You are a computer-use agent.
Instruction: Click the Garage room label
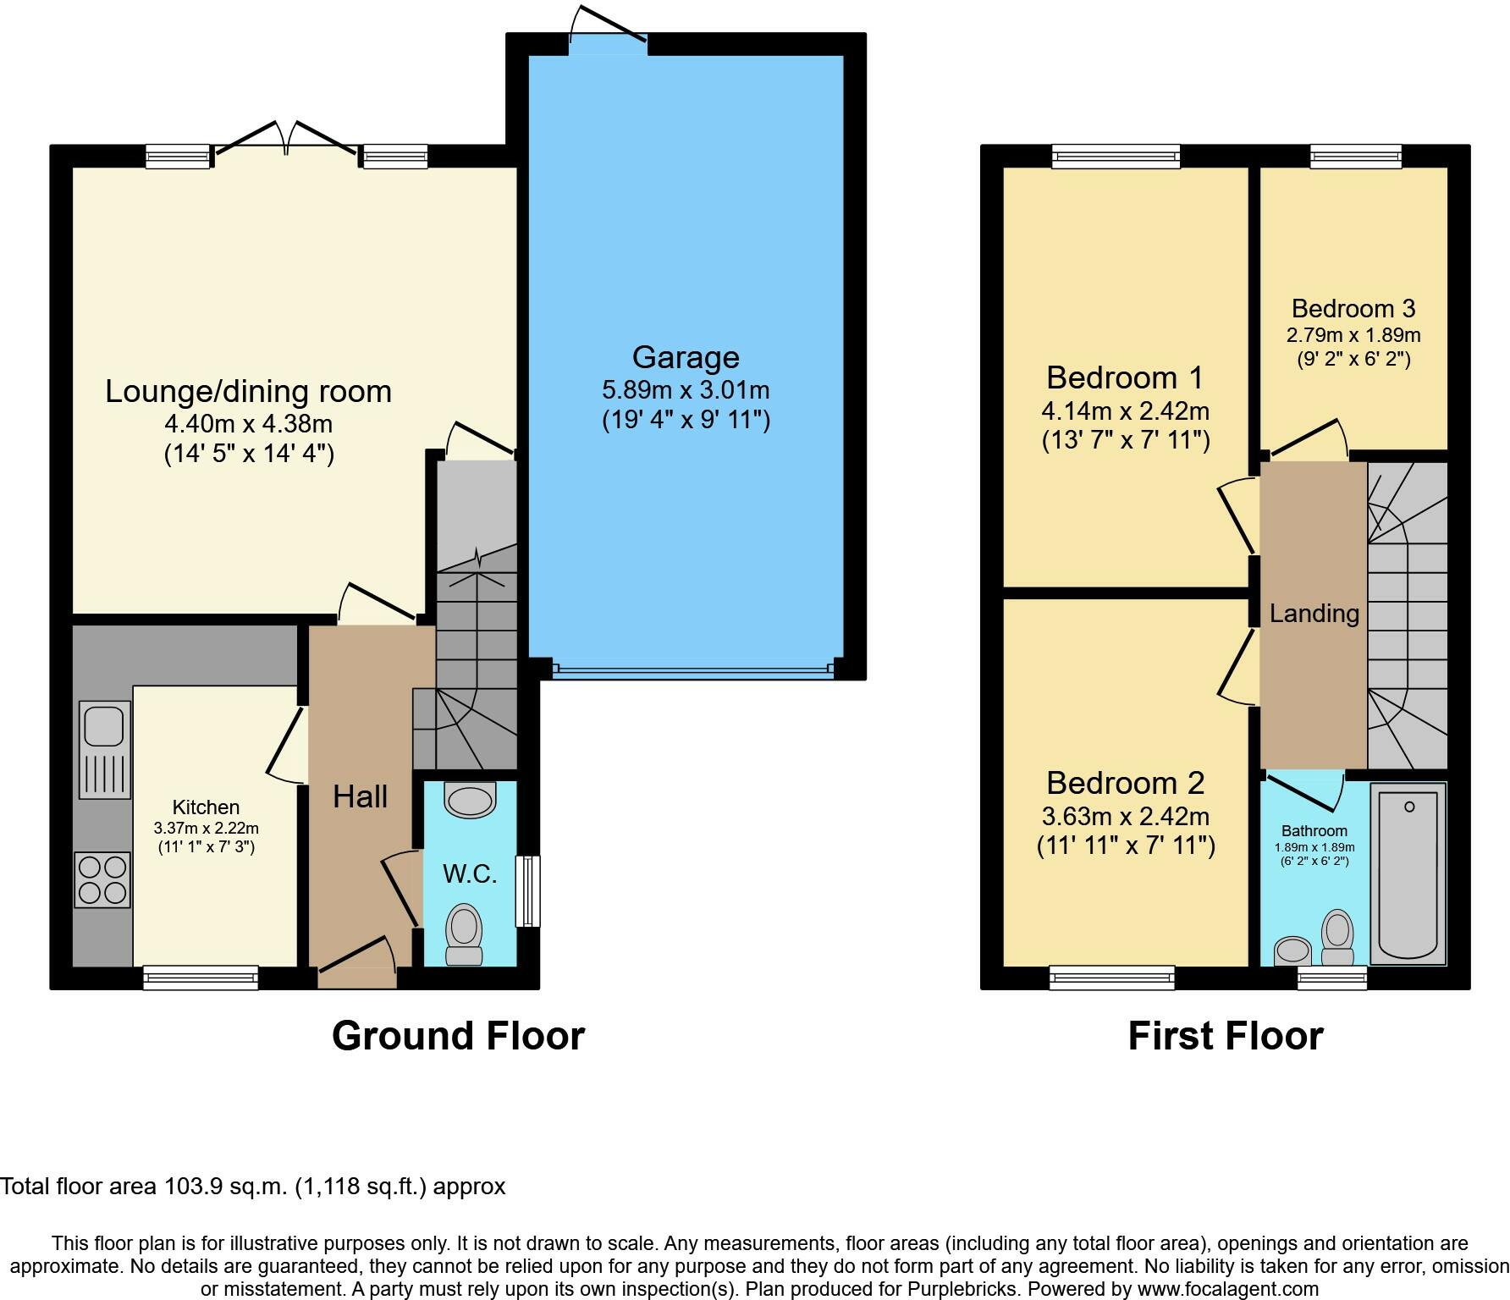click(686, 357)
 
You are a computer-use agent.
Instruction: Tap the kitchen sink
click(105, 749)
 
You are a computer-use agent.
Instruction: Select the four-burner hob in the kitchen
click(102, 880)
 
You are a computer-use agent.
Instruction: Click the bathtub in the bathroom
click(1408, 874)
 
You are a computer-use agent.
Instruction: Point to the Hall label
click(360, 796)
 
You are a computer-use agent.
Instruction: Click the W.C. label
click(470, 873)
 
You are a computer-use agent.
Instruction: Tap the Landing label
click(1314, 614)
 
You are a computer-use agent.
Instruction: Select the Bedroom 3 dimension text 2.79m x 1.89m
click(1353, 334)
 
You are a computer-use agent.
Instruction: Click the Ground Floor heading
click(458, 1036)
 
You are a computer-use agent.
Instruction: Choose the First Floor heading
click(1226, 1036)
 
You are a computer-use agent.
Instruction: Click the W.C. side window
click(528, 891)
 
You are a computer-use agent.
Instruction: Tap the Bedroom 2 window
click(1112, 978)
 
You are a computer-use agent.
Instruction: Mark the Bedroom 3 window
click(1356, 157)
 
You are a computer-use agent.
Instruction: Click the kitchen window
click(201, 978)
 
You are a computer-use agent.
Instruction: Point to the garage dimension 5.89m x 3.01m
click(686, 390)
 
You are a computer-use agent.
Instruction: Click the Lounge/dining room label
click(248, 391)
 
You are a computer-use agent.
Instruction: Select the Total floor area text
click(253, 1187)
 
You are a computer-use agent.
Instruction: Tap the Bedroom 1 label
click(1125, 377)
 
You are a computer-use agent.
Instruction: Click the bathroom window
click(1332, 978)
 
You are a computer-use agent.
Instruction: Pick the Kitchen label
click(206, 807)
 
